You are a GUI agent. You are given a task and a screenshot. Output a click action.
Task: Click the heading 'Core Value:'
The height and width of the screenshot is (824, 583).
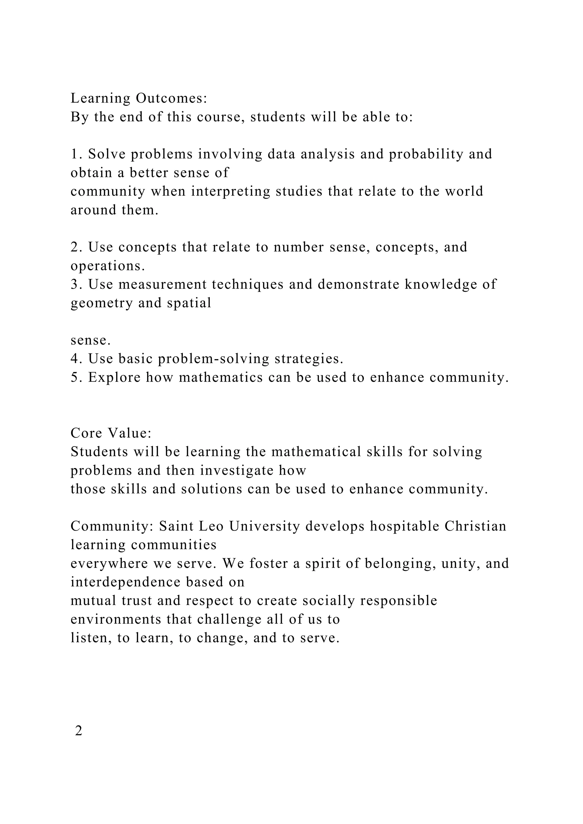click(x=111, y=433)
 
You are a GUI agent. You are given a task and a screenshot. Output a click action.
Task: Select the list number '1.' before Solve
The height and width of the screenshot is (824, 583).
click(x=77, y=154)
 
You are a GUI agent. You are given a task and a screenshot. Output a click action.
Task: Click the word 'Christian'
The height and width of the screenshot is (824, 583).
click(x=475, y=526)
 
